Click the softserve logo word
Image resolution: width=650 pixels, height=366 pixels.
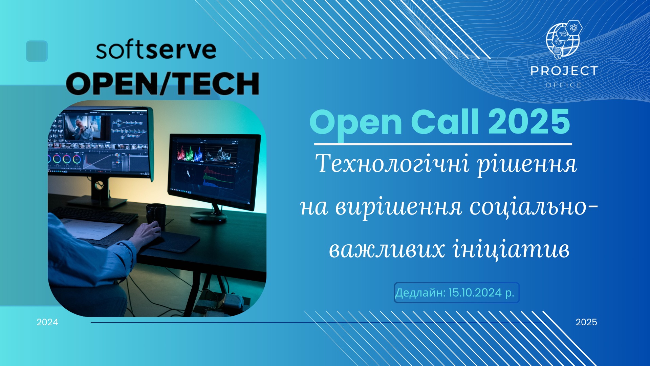click(156, 50)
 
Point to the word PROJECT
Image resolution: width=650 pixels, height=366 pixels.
click(564, 71)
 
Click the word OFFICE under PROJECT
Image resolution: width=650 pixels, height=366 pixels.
click(563, 85)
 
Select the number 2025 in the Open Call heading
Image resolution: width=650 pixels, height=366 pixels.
click(529, 122)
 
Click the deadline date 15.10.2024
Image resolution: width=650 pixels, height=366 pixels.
click(475, 292)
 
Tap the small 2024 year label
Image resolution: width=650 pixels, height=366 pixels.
click(47, 322)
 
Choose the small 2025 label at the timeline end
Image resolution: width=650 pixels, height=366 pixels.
click(586, 322)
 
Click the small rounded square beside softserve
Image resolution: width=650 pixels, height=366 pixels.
click(37, 51)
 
